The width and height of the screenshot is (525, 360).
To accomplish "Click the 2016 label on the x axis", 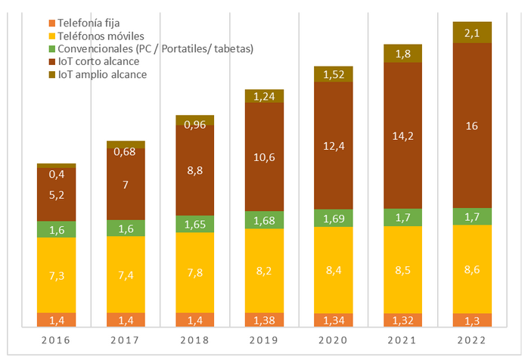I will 56,341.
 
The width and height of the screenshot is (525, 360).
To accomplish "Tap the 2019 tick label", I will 264,341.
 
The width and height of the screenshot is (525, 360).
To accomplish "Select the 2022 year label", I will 472,341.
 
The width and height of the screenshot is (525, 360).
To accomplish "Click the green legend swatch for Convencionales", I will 51,49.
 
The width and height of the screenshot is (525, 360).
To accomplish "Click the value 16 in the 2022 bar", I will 472,125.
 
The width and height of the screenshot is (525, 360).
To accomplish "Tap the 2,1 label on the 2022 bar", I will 472,33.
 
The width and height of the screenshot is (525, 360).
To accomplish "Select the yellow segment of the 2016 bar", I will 56,275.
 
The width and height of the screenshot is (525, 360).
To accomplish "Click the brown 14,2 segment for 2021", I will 402,135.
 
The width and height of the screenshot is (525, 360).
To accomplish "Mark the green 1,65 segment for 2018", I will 194,224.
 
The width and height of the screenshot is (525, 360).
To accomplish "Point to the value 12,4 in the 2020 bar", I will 334,144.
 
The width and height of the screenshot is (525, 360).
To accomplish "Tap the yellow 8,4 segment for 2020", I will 334,270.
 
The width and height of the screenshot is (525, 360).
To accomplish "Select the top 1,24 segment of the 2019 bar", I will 264,96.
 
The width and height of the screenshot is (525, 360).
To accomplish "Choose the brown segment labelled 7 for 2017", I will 126,185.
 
